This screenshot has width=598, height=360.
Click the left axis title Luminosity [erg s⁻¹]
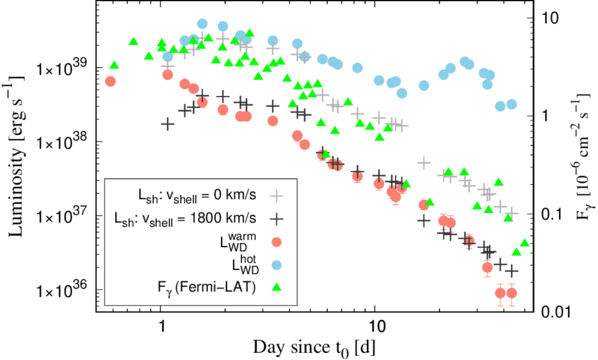point(16,155)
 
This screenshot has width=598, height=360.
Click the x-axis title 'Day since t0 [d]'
point(313,347)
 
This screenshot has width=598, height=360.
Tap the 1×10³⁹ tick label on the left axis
point(62,66)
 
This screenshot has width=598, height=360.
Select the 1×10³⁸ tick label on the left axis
point(62,140)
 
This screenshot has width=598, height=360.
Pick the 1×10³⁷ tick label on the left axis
point(62,214)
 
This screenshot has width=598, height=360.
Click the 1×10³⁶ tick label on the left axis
point(62,289)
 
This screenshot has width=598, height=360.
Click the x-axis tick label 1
point(161,326)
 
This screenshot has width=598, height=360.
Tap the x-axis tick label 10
point(375,326)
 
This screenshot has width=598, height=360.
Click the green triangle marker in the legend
point(277,287)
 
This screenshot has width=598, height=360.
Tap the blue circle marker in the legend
point(277,265)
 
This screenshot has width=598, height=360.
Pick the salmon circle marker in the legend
point(277,242)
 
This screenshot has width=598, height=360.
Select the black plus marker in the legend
point(277,219)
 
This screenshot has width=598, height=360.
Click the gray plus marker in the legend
point(277,196)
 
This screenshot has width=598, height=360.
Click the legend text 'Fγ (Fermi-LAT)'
point(206,288)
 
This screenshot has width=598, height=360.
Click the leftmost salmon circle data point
point(110,81)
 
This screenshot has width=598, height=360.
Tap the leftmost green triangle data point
point(114,65)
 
